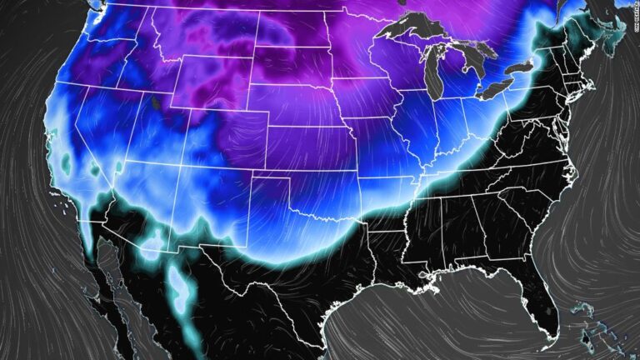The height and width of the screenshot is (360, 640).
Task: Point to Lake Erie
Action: (500, 82)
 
